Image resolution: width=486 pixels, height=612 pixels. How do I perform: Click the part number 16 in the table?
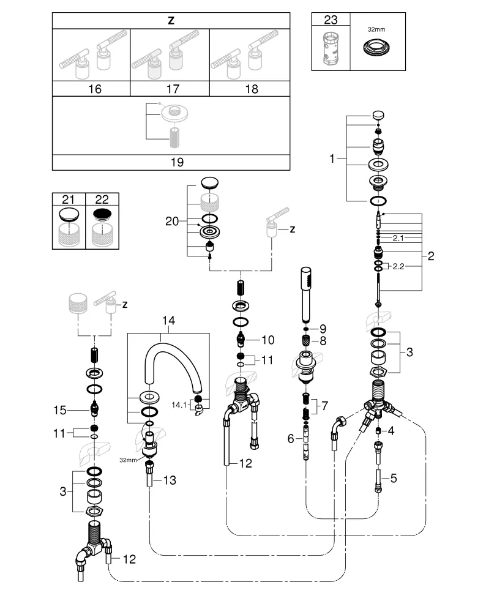[x=94, y=89]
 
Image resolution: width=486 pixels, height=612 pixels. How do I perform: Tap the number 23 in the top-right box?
[x=331, y=20]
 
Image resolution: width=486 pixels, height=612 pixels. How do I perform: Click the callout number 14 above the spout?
[x=168, y=319]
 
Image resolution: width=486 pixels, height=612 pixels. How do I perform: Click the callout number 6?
[x=291, y=438]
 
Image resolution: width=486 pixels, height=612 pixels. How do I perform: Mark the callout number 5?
[x=393, y=477]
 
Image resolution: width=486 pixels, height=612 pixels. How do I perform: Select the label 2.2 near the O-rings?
[x=398, y=266]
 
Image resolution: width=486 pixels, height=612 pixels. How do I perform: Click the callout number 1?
[x=332, y=159]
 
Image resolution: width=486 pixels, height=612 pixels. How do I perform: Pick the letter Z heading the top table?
[x=171, y=20]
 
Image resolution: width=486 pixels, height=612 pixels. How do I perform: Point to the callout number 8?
[x=323, y=340]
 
